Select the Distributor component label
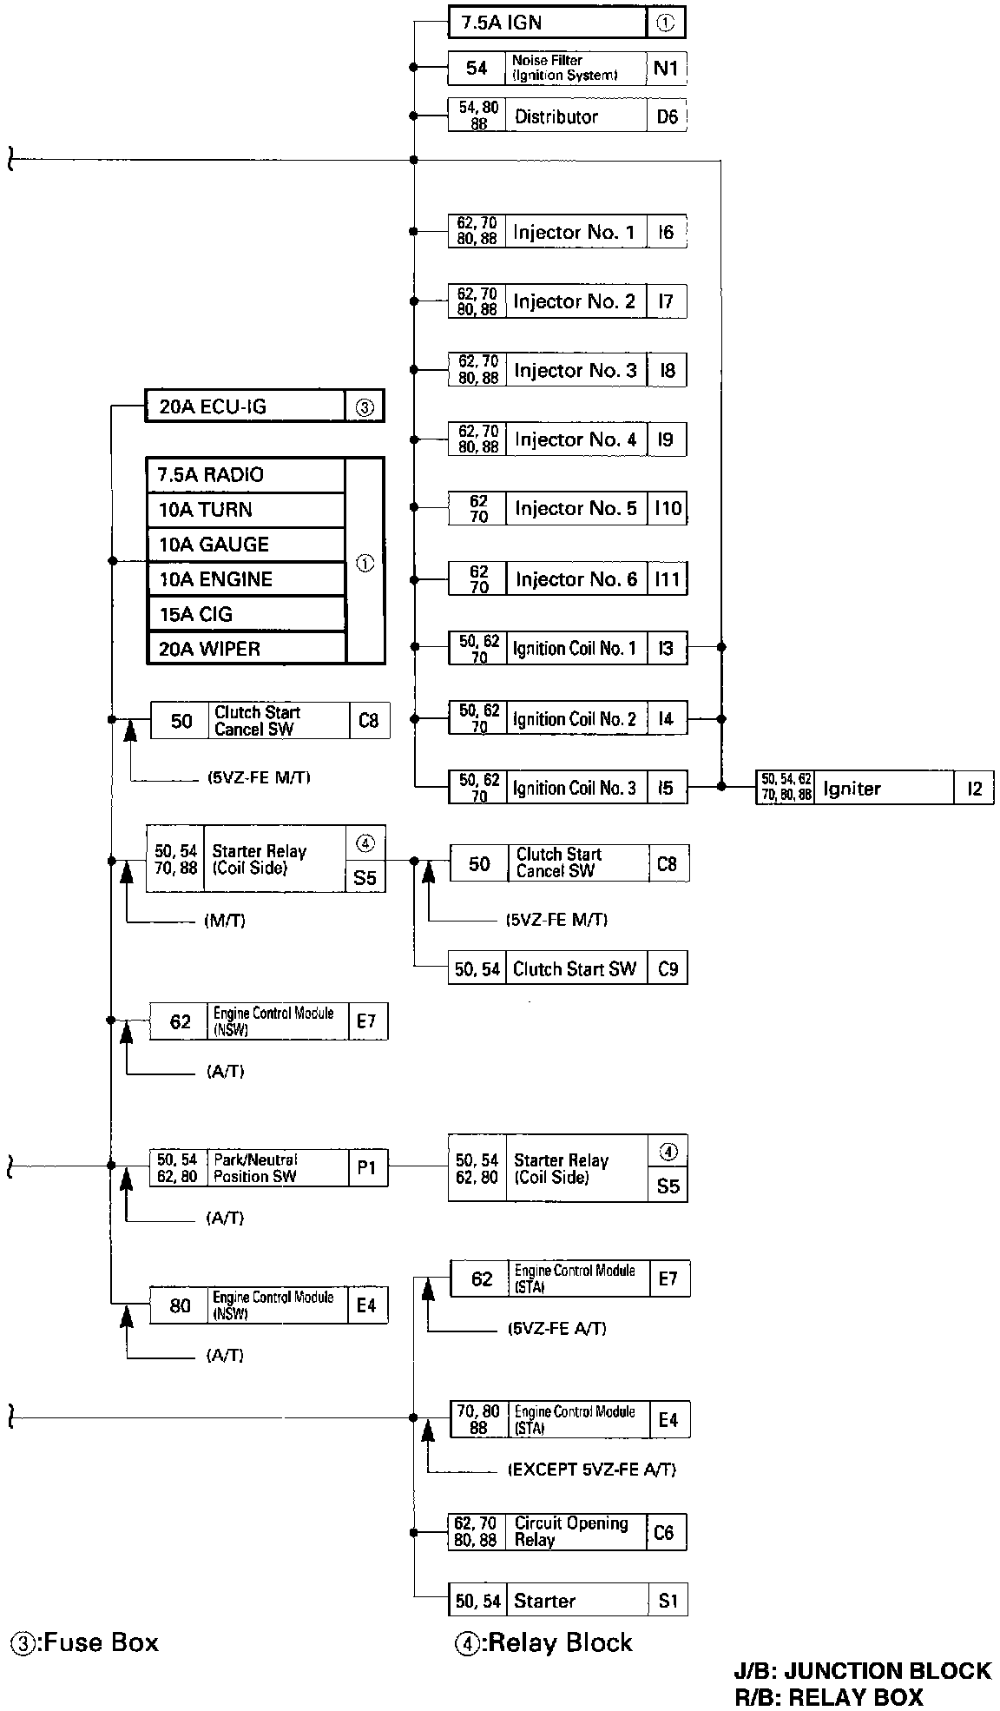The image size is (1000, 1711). tap(556, 116)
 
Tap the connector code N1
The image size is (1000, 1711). tap(666, 68)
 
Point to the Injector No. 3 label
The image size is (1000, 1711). tap(575, 371)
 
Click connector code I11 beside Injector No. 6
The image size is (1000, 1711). tap(667, 578)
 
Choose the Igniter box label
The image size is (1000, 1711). tap(852, 789)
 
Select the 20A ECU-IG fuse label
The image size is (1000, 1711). tap(213, 406)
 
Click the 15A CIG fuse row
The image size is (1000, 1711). tap(246, 614)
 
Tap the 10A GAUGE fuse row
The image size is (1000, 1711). tap(246, 545)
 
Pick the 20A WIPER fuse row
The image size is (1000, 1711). tap(246, 649)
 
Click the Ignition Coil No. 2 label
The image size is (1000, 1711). tap(575, 719)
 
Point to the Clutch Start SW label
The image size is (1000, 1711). tap(575, 968)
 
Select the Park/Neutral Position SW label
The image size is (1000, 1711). tap(255, 1168)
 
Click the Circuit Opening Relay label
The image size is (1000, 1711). tap(571, 1531)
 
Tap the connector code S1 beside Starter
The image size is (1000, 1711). tap(668, 1600)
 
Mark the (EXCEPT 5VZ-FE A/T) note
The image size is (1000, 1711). tap(591, 1470)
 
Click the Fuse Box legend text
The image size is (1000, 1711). tap(84, 1642)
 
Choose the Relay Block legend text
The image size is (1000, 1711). tap(544, 1642)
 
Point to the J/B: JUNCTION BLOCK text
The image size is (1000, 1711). tap(862, 1671)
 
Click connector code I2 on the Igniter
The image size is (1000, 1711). tap(975, 789)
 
